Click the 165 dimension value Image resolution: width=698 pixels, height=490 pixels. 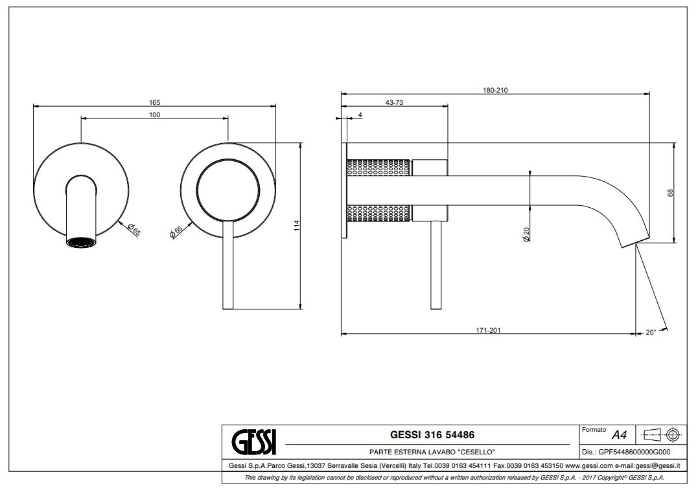coord(154,102)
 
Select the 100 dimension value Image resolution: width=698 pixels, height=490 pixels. coord(154,115)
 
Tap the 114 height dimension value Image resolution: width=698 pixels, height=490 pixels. coord(296,226)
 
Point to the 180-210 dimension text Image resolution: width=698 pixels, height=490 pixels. coord(495,90)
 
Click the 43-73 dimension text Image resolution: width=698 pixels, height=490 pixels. coord(394,102)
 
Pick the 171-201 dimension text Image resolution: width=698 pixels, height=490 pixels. coord(488,330)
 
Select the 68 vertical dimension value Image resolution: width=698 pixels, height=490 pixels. coord(670,192)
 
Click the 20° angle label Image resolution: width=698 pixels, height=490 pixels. coord(651,332)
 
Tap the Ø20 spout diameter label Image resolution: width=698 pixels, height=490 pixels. coord(526,234)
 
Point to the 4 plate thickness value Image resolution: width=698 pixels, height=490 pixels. coord(360,115)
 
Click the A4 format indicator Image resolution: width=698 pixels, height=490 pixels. coord(619,436)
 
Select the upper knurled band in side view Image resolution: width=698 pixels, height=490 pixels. coord(380,166)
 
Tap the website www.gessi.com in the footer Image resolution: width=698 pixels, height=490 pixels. coord(589,465)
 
